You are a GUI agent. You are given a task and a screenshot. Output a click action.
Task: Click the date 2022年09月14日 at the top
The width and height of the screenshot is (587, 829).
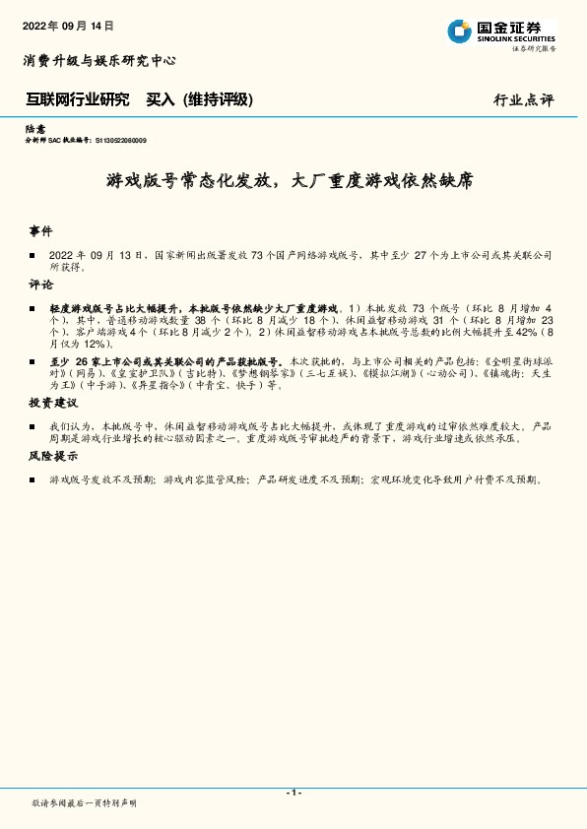[68, 26]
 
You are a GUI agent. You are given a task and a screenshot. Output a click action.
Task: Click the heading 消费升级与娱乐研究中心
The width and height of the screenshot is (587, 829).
[99, 60]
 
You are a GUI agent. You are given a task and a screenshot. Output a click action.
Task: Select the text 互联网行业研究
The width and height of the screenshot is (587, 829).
[77, 99]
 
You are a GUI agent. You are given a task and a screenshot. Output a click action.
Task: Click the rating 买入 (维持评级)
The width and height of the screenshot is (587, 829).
[200, 99]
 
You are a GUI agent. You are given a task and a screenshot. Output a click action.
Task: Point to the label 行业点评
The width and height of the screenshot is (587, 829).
[523, 100]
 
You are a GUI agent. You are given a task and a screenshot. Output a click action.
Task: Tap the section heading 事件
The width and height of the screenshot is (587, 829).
[41, 230]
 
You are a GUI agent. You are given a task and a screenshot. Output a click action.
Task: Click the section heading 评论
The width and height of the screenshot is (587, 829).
[41, 285]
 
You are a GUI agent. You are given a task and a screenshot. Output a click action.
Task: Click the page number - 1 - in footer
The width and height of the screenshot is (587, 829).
[293, 793]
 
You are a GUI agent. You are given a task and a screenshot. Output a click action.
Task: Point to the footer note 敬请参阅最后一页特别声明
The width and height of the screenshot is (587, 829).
[85, 804]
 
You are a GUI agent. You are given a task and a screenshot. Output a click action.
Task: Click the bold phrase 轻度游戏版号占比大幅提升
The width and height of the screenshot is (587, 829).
[115, 308]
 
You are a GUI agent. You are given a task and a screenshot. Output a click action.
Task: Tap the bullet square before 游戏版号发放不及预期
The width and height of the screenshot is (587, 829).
[33, 480]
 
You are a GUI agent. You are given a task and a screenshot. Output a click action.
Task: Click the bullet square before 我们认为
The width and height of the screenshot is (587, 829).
[33, 427]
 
